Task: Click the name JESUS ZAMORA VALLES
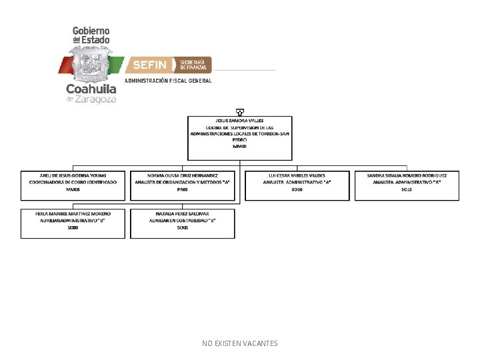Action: click(x=239, y=121)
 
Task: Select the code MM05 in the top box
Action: click(x=239, y=146)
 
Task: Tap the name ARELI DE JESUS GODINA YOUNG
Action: click(x=73, y=175)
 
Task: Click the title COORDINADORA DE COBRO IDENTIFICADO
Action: click(x=73, y=182)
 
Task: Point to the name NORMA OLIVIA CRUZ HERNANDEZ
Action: click(x=183, y=175)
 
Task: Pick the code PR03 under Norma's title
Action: click(x=183, y=189)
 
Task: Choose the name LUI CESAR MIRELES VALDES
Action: click(x=297, y=175)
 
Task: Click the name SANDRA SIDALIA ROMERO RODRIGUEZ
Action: click(x=407, y=175)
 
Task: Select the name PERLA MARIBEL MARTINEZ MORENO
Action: click(x=73, y=213)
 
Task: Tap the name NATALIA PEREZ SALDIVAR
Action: click(x=183, y=213)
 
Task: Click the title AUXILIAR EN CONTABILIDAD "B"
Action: click(x=183, y=220)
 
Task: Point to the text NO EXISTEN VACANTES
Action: click(x=240, y=343)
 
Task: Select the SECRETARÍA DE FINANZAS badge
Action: click(x=193, y=65)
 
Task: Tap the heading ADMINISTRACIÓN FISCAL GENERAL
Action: click(x=169, y=81)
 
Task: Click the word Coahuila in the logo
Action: click(x=91, y=89)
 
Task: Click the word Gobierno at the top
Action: click(x=91, y=31)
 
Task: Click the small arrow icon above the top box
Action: click(x=239, y=112)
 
